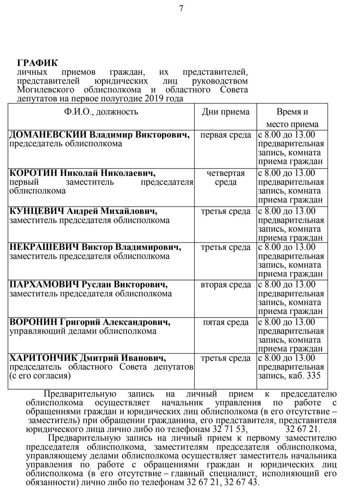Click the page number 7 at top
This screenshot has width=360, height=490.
coord(181,8)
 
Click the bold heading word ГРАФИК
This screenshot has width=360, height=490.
coord(37,63)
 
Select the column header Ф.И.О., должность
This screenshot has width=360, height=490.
coord(101,112)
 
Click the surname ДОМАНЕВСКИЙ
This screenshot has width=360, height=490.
coord(47,135)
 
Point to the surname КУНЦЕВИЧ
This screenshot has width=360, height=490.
coord(36,211)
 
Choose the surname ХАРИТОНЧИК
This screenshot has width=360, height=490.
coord(44,358)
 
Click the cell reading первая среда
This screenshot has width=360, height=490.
coord(226,135)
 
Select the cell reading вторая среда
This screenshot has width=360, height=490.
coord(226,285)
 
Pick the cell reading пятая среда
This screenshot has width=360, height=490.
coord(226,322)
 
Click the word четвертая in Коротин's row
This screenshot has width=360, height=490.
coord(226,173)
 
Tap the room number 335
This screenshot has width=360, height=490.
coord(313,376)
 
